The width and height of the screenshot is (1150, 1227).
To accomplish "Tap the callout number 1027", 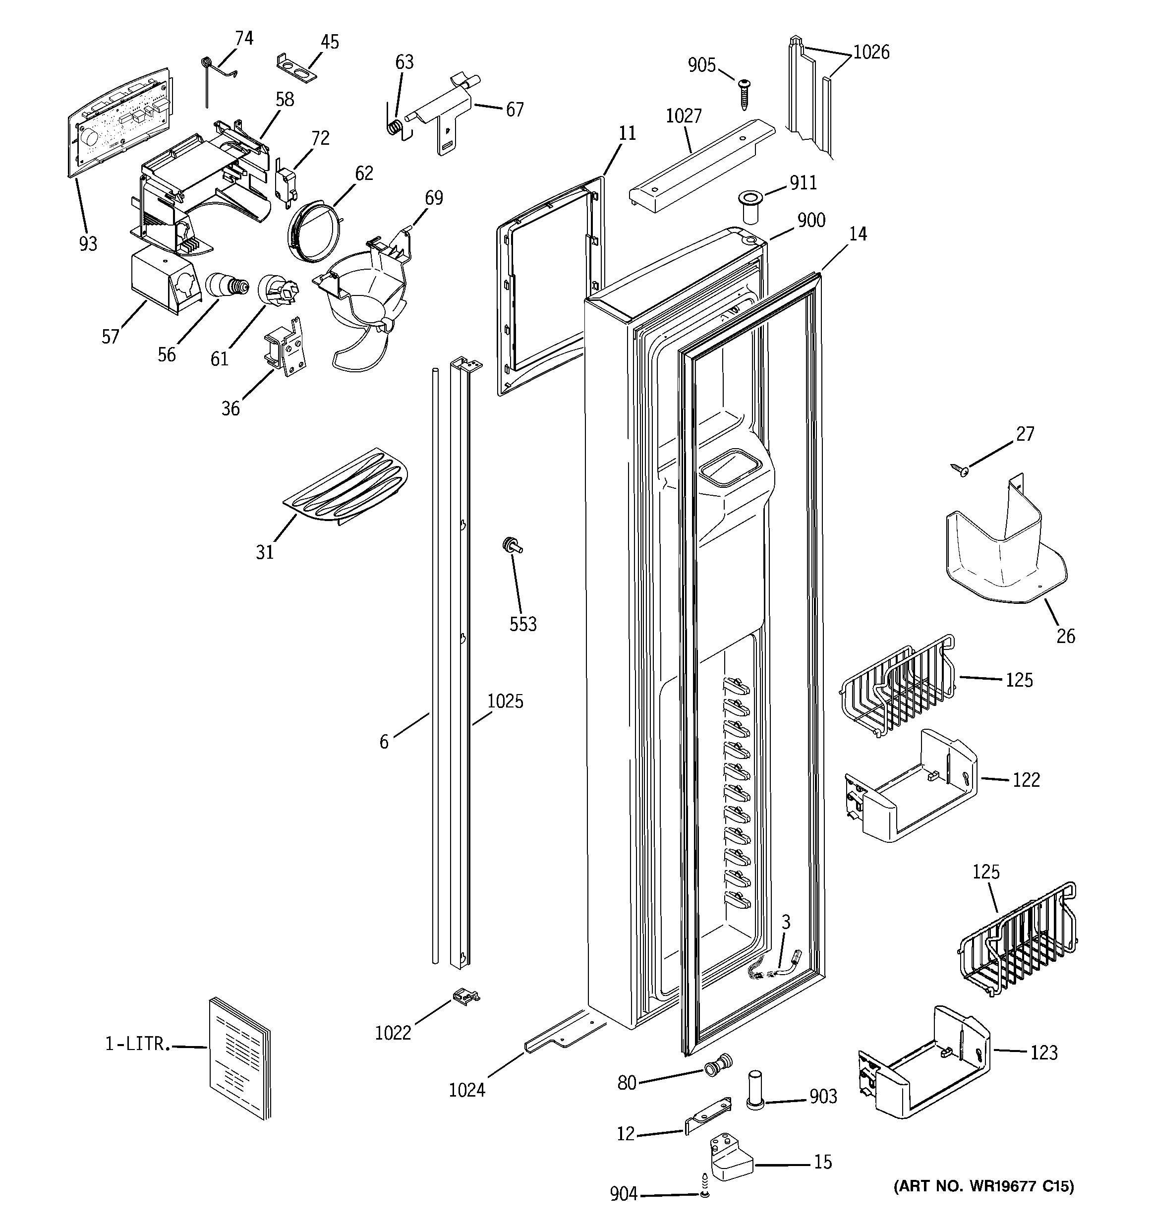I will [x=684, y=116].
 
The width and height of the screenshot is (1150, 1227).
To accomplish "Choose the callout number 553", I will [x=523, y=624].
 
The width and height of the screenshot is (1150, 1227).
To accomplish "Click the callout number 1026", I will [x=871, y=53].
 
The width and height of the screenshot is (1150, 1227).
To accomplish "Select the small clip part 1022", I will [x=466, y=995].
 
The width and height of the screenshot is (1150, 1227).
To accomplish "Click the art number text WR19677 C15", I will [x=984, y=1186].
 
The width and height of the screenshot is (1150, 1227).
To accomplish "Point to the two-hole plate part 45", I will [x=295, y=67].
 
